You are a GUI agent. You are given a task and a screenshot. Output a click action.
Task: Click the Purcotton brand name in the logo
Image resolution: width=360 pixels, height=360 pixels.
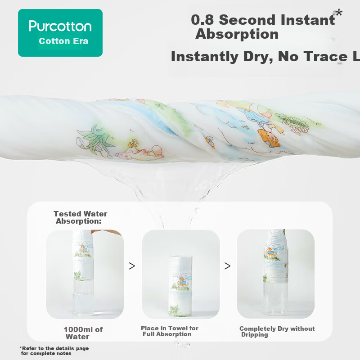point(60,26)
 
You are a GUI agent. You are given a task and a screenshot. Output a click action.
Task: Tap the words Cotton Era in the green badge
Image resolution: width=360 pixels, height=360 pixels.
point(63,41)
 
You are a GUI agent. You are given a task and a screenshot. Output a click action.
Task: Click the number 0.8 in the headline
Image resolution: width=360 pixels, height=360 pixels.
point(202,20)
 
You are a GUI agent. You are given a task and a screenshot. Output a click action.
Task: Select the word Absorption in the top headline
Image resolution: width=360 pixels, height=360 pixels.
point(237,34)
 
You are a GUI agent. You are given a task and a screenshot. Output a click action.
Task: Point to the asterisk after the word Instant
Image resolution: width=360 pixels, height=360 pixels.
point(339,13)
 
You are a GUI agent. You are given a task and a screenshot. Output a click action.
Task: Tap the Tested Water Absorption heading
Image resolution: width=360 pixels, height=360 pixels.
point(81,217)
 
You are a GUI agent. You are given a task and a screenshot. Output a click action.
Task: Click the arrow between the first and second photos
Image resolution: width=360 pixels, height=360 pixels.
point(132,266)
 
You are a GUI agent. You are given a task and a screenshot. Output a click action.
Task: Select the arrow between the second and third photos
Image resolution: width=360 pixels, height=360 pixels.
point(227,266)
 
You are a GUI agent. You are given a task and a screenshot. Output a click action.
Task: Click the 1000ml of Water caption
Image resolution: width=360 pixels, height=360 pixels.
point(83,333)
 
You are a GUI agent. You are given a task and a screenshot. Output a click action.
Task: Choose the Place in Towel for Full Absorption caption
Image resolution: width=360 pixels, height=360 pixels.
point(170,331)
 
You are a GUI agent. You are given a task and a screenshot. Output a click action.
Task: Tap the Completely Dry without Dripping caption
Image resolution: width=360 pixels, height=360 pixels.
point(277,332)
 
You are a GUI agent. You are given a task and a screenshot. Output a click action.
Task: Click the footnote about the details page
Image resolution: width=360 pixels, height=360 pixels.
point(54,351)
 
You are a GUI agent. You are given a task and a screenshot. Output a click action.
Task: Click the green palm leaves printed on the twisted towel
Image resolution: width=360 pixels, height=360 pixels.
point(93,139)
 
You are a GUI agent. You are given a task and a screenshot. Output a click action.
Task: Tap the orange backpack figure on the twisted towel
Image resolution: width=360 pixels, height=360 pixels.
point(269,138)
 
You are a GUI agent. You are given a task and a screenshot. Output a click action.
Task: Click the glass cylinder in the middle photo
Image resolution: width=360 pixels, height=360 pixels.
point(181,286)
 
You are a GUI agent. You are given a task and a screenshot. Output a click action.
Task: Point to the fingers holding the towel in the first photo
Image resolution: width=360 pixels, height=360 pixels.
point(106,232)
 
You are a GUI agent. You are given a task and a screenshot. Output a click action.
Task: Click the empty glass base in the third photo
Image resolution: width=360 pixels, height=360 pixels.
point(275,299)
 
